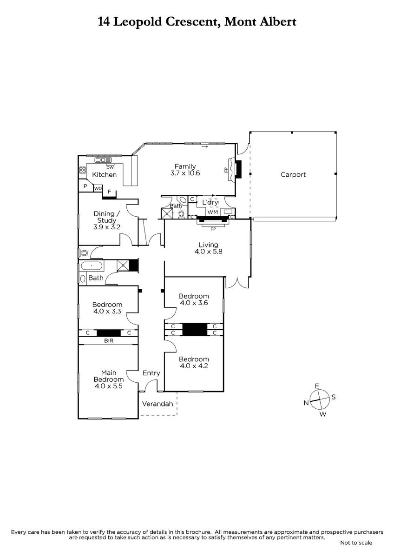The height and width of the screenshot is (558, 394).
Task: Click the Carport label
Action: tap(293, 175)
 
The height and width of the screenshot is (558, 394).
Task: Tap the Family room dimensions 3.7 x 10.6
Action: tap(185, 173)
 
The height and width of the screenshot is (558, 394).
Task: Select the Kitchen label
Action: tap(104, 175)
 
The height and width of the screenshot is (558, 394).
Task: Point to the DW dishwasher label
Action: tap(110, 168)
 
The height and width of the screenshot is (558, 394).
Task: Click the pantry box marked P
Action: tap(85, 186)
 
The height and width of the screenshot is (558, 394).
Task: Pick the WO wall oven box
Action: tap(98, 188)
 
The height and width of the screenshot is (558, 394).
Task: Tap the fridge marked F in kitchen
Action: tap(109, 192)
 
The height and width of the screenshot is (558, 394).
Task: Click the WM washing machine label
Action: tap(212, 212)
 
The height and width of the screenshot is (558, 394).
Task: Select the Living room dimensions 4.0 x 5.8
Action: tap(208, 252)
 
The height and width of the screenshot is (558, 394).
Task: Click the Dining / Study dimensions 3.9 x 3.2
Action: tap(107, 227)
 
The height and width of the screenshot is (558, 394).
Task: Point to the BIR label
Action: tap(109, 340)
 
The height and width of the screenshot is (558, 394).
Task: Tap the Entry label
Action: tap(151, 373)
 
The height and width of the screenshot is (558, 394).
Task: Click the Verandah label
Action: tap(158, 404)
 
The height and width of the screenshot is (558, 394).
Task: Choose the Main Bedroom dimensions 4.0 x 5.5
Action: tap(109, 386)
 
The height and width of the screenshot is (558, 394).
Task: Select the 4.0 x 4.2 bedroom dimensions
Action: tap(194, 365)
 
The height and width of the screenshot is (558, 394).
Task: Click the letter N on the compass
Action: tap(306, 403)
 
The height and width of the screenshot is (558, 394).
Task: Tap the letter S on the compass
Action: tap(334, 397)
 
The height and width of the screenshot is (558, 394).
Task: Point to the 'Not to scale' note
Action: tap(356, 543)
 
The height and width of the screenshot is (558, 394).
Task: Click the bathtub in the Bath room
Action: tap(92, 266)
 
